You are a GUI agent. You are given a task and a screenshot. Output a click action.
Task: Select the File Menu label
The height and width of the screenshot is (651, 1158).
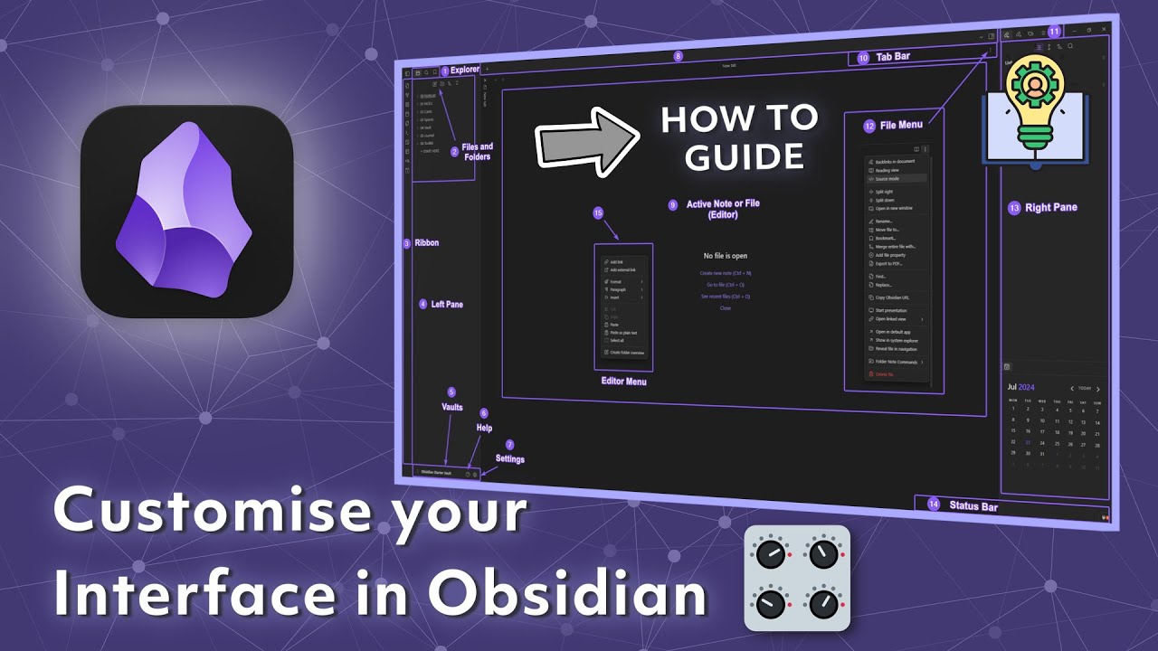[x=901, y=126]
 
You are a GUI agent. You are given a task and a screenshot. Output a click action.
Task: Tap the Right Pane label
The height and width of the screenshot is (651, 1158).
[x=1050, y=208]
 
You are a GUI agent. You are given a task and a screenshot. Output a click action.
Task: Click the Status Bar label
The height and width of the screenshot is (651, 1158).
[x=973, y=506]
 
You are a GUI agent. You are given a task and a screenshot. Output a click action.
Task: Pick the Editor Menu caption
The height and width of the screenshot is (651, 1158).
[x=623, y=382]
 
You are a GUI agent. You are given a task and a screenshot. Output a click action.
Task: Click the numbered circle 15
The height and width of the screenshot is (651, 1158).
[x=597, y=212]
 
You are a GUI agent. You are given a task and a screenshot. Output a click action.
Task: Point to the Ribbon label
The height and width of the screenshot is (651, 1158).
[x=426, y=243]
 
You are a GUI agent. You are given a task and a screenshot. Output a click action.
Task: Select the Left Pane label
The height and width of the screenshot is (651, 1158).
[x=447, y=305]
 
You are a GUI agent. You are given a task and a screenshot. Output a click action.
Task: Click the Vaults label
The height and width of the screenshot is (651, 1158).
[x=452, y=408]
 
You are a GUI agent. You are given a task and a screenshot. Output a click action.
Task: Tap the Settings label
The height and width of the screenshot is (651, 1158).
[x=509, y=459]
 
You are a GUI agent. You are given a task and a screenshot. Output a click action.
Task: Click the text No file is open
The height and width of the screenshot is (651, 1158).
[x=726, y=256]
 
